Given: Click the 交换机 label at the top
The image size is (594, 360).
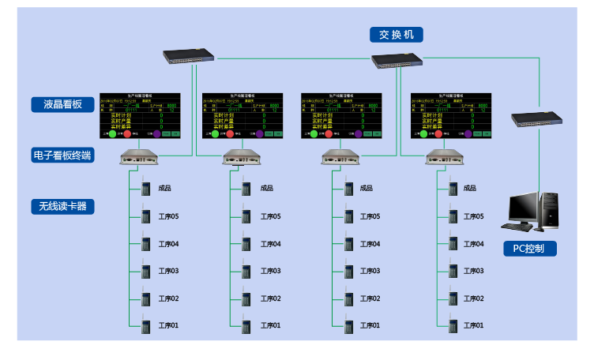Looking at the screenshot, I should (x=397, y=35).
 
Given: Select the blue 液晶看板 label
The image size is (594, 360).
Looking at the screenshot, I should (x=57, y=104).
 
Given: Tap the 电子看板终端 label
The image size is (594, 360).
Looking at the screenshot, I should (x=62, y=156).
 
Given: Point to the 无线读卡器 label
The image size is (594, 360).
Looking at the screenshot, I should (x=62, y=207).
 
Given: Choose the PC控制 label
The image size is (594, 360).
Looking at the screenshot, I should (x=529, y=249).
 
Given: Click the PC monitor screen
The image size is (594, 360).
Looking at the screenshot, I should (x=522, y=207).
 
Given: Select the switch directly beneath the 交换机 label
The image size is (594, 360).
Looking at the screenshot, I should (x=397, y=59).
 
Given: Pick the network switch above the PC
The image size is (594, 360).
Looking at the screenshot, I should (x=536, y=119).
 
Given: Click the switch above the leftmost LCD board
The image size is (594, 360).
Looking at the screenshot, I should (x=190, y=55).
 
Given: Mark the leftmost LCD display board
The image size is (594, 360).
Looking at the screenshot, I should (x=140, y=115).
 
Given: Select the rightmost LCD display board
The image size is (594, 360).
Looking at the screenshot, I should (x=450, y=115).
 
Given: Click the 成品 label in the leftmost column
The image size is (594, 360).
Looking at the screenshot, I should (x=165, y=188).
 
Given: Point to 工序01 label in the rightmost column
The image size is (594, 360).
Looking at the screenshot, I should (x=474, y=325).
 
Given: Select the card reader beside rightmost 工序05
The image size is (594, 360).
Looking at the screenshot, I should (x=453, y=216).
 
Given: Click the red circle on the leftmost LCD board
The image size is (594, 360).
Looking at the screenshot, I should (x=128, y=134).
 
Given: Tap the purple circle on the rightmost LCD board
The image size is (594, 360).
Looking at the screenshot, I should (x=468, y=134).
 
